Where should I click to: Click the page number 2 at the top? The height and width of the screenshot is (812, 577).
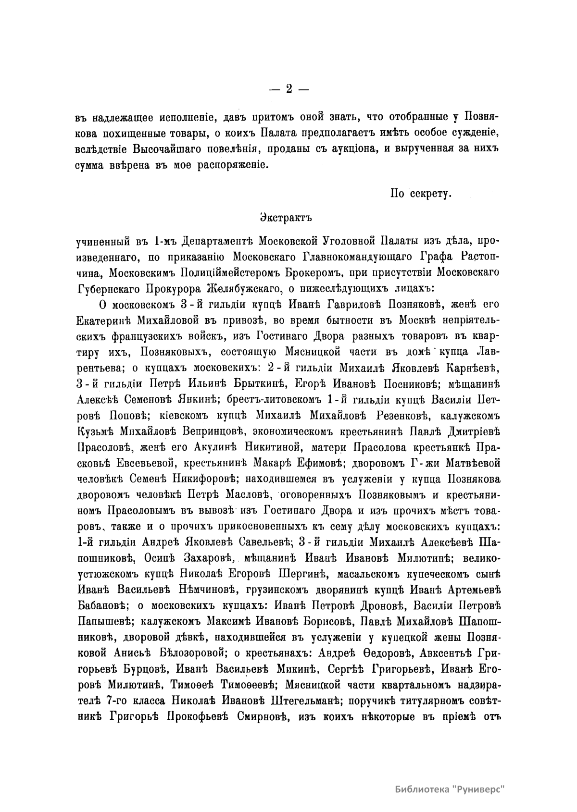click(288, 89)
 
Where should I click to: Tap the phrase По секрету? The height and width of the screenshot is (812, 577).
click(420, 194)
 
